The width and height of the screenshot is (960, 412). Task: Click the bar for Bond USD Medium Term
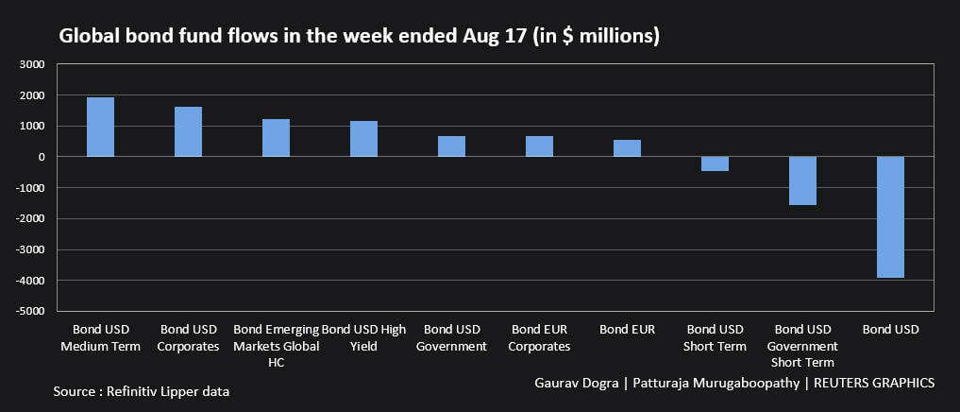point(100,127)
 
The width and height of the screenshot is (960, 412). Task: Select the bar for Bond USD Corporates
point(188,131)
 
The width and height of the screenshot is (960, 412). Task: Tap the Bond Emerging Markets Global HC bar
point(276,138)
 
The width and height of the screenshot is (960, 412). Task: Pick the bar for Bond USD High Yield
point(363,139)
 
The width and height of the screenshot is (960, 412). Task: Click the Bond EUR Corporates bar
point(539,146)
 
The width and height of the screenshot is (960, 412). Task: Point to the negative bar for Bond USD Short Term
point(715,163)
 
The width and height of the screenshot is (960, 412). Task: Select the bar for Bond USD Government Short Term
point(802,180)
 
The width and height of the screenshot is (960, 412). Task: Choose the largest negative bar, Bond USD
point(890,216)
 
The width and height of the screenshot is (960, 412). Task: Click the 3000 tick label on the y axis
point(31,64)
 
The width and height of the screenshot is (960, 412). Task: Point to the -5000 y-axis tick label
point(29,310)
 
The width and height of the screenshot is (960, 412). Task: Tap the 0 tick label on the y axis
point(42,157)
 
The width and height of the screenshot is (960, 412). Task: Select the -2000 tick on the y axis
point(29,218)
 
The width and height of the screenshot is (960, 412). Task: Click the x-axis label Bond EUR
point(627,329)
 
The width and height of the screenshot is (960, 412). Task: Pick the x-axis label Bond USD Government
point(451,337)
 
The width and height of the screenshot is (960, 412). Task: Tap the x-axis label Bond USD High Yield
point(363,337)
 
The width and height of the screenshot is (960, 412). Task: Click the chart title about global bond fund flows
point(359,36)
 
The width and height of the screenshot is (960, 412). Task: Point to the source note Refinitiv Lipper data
point(141,390)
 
